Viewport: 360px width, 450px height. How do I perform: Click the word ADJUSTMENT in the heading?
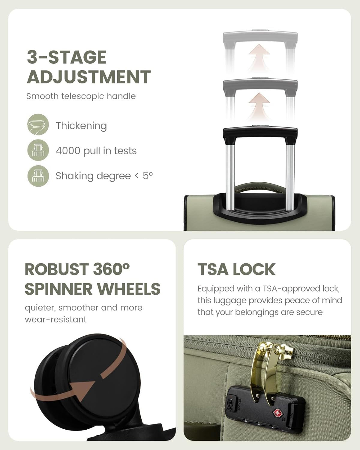coord(89,77)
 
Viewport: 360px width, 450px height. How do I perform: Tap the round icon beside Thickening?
coord(38,124)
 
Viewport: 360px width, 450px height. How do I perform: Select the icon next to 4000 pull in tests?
coord(38,150)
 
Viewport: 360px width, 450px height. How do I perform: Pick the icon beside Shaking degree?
coord(38,176)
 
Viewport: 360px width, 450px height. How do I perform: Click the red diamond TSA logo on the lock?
coord(277,413)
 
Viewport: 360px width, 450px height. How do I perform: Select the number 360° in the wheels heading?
coord(111,269)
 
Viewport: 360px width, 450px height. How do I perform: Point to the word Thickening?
coord(81,126)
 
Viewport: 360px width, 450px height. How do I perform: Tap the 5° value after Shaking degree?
coord(148,176)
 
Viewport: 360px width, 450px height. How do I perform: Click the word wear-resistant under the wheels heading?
coord(55,319)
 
